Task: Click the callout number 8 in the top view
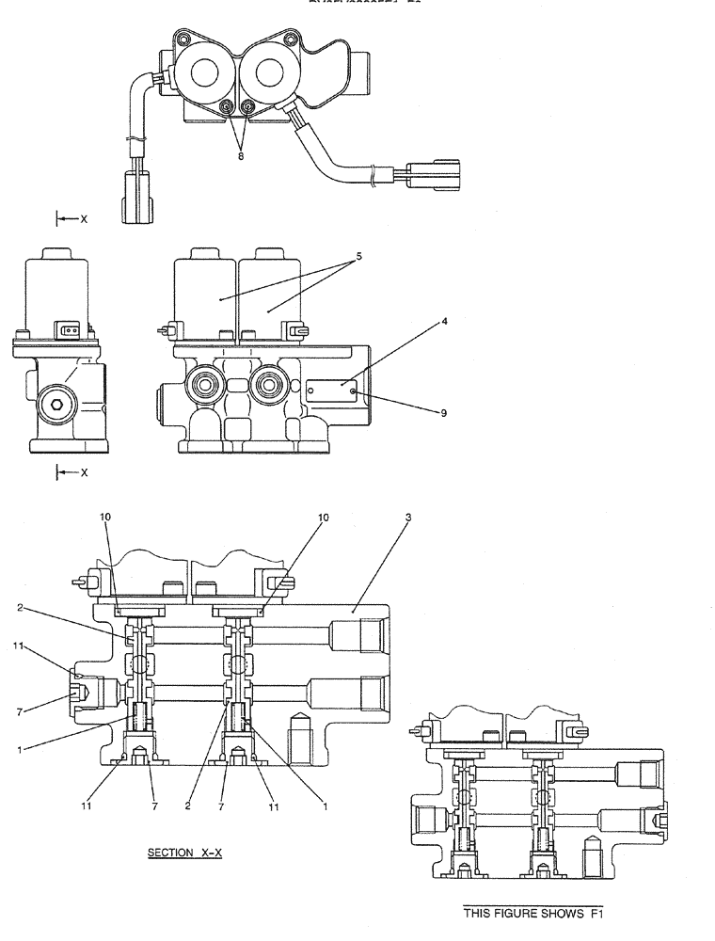[x=240, y=156]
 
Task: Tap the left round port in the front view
[x=205, y=385]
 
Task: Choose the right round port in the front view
[x=270, y=385]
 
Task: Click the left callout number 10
[x=105, y=517]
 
